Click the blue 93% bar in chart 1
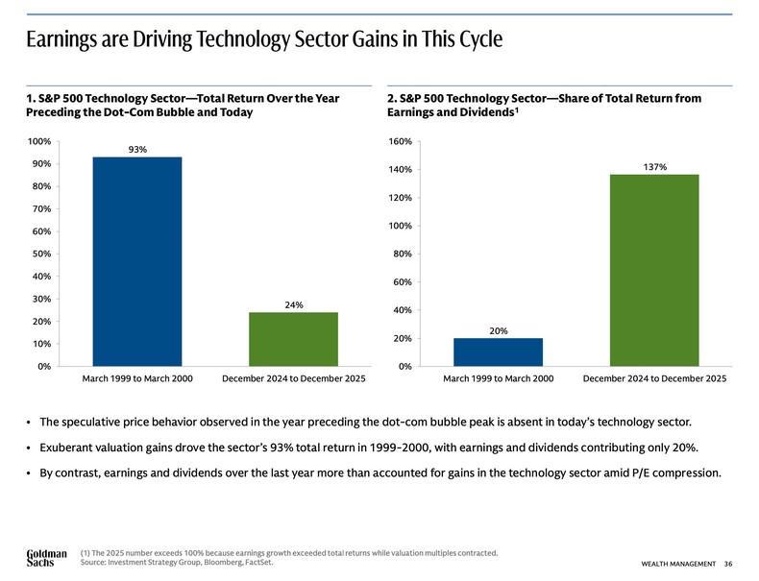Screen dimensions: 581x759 (137, 261)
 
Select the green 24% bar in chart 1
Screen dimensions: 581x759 (293, 339)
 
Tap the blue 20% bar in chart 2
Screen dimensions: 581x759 (498, 351)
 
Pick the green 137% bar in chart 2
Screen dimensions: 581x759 (654, 270)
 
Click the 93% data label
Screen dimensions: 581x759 (137, 149)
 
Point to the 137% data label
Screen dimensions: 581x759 (654, 167)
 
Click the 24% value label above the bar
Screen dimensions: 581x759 (294, 304)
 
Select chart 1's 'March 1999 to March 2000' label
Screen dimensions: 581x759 (137, 380)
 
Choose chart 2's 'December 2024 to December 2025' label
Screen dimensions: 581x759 (654, 380)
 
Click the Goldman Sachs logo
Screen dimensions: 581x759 (46, 557)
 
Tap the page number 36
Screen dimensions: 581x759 (729, 562)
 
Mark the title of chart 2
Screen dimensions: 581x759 (543, 105)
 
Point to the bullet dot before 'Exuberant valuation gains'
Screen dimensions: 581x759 (31, 447)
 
